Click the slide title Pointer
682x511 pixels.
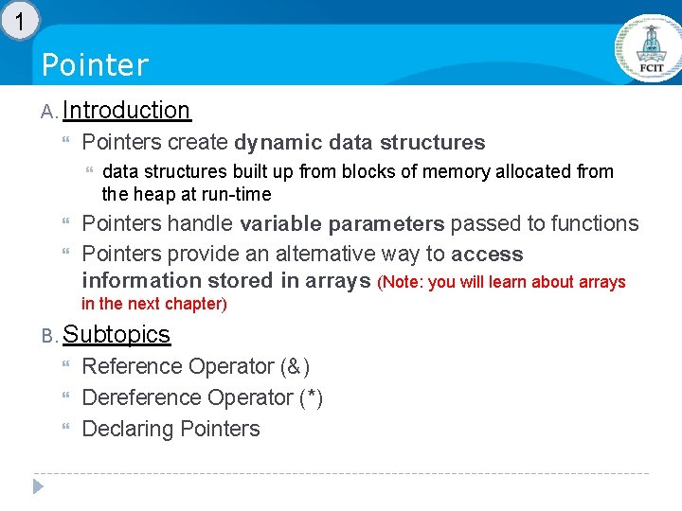[96, 65]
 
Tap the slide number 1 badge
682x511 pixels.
[20, 19]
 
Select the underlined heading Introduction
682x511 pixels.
[127, 111]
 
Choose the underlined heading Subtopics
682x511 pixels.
[116, 335]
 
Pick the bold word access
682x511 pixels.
[487, 255]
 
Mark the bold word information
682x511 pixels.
[141, 281]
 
